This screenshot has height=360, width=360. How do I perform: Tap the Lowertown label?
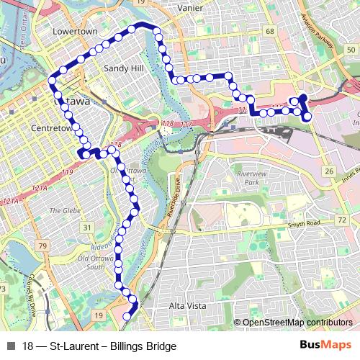coord(75,32)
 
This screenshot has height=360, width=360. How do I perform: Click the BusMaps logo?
coord(326,346)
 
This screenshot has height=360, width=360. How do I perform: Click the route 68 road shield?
coord(270,32)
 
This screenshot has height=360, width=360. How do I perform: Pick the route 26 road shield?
coord(329,171)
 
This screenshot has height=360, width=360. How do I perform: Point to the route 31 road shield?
coord(87,228)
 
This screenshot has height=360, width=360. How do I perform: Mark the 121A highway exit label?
coord(11,201)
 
